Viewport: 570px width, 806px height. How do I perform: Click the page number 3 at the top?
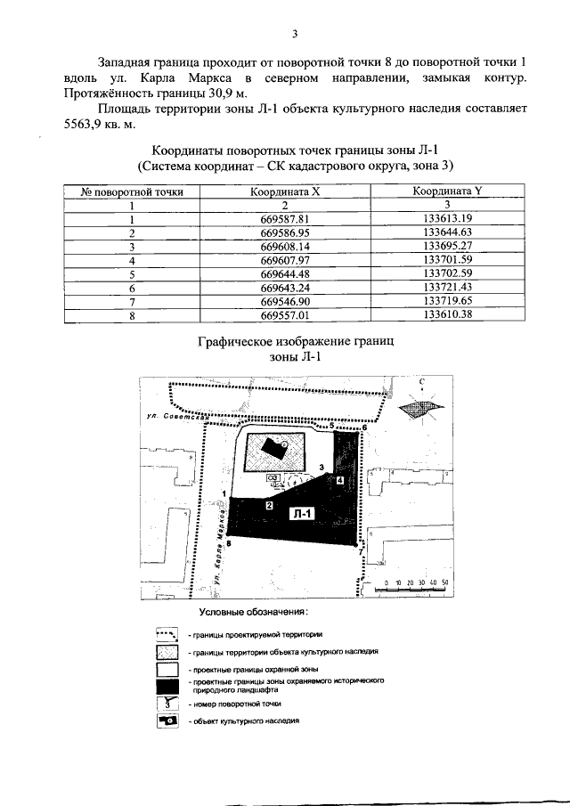[x=293, y=35]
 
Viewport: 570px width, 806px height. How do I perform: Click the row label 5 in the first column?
[x=132, y=275]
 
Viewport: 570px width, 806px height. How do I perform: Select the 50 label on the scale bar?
[x=443, y=582]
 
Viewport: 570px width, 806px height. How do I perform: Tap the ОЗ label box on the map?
[x=274, y=477]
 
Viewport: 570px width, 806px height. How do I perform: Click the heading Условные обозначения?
[x=253, y=613]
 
